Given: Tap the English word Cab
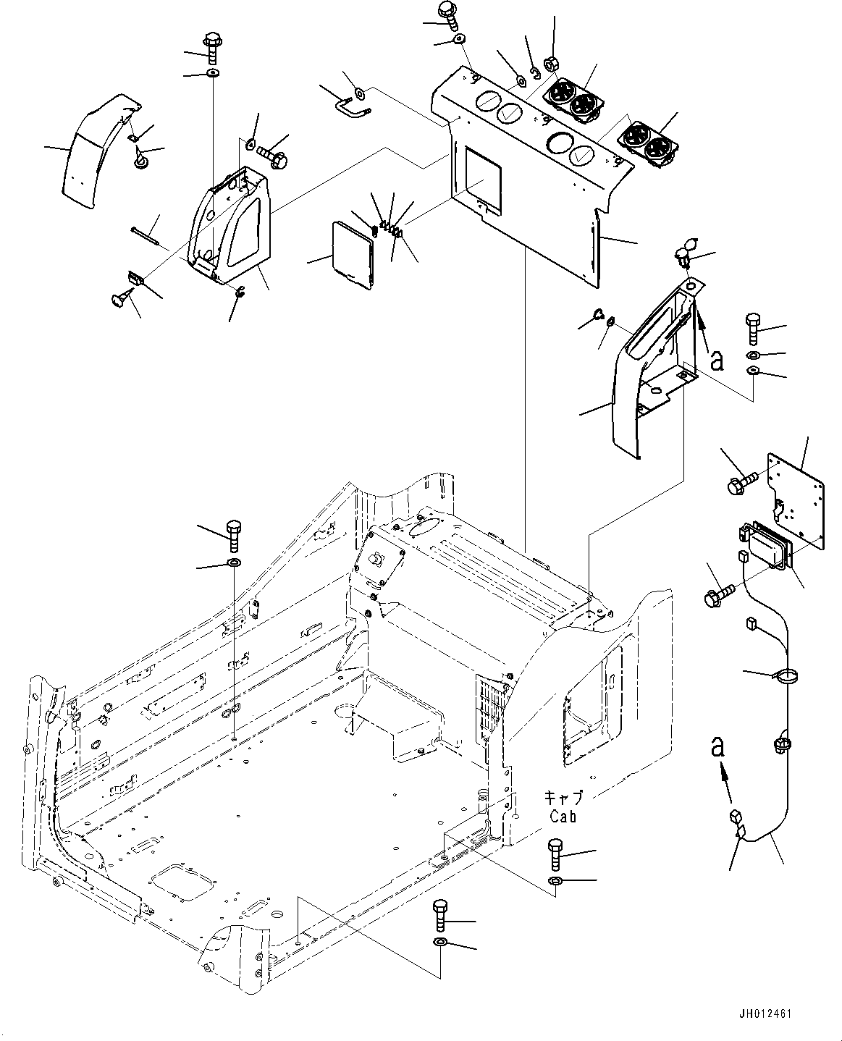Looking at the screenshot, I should (x=562, y=816).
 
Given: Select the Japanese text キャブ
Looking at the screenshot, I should (x=563, y=798).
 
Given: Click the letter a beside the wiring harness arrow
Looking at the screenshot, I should (x=717, y=748).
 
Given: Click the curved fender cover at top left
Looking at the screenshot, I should (x=94, y=153).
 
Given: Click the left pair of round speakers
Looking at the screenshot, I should (x=571, y=99).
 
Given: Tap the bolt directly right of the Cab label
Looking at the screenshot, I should (x=555, y=856).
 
